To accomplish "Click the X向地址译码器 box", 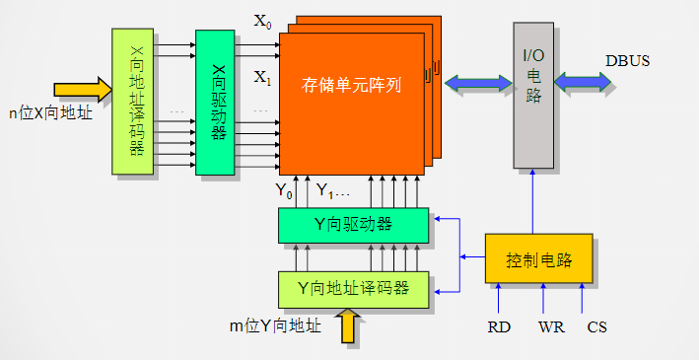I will point(133,103).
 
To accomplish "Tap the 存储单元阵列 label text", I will point(351,86).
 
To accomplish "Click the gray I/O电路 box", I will point(532,95).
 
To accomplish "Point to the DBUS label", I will point(627,61).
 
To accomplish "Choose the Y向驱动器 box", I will point(353,225).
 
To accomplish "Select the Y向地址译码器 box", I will point(353,288).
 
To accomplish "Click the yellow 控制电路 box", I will point(538,259).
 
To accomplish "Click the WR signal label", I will point(551,326).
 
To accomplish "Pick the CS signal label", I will point(596,326).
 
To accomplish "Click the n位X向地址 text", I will point(50,113).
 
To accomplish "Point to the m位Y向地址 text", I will point(274,325).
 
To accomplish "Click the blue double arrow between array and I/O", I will point(477,84).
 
